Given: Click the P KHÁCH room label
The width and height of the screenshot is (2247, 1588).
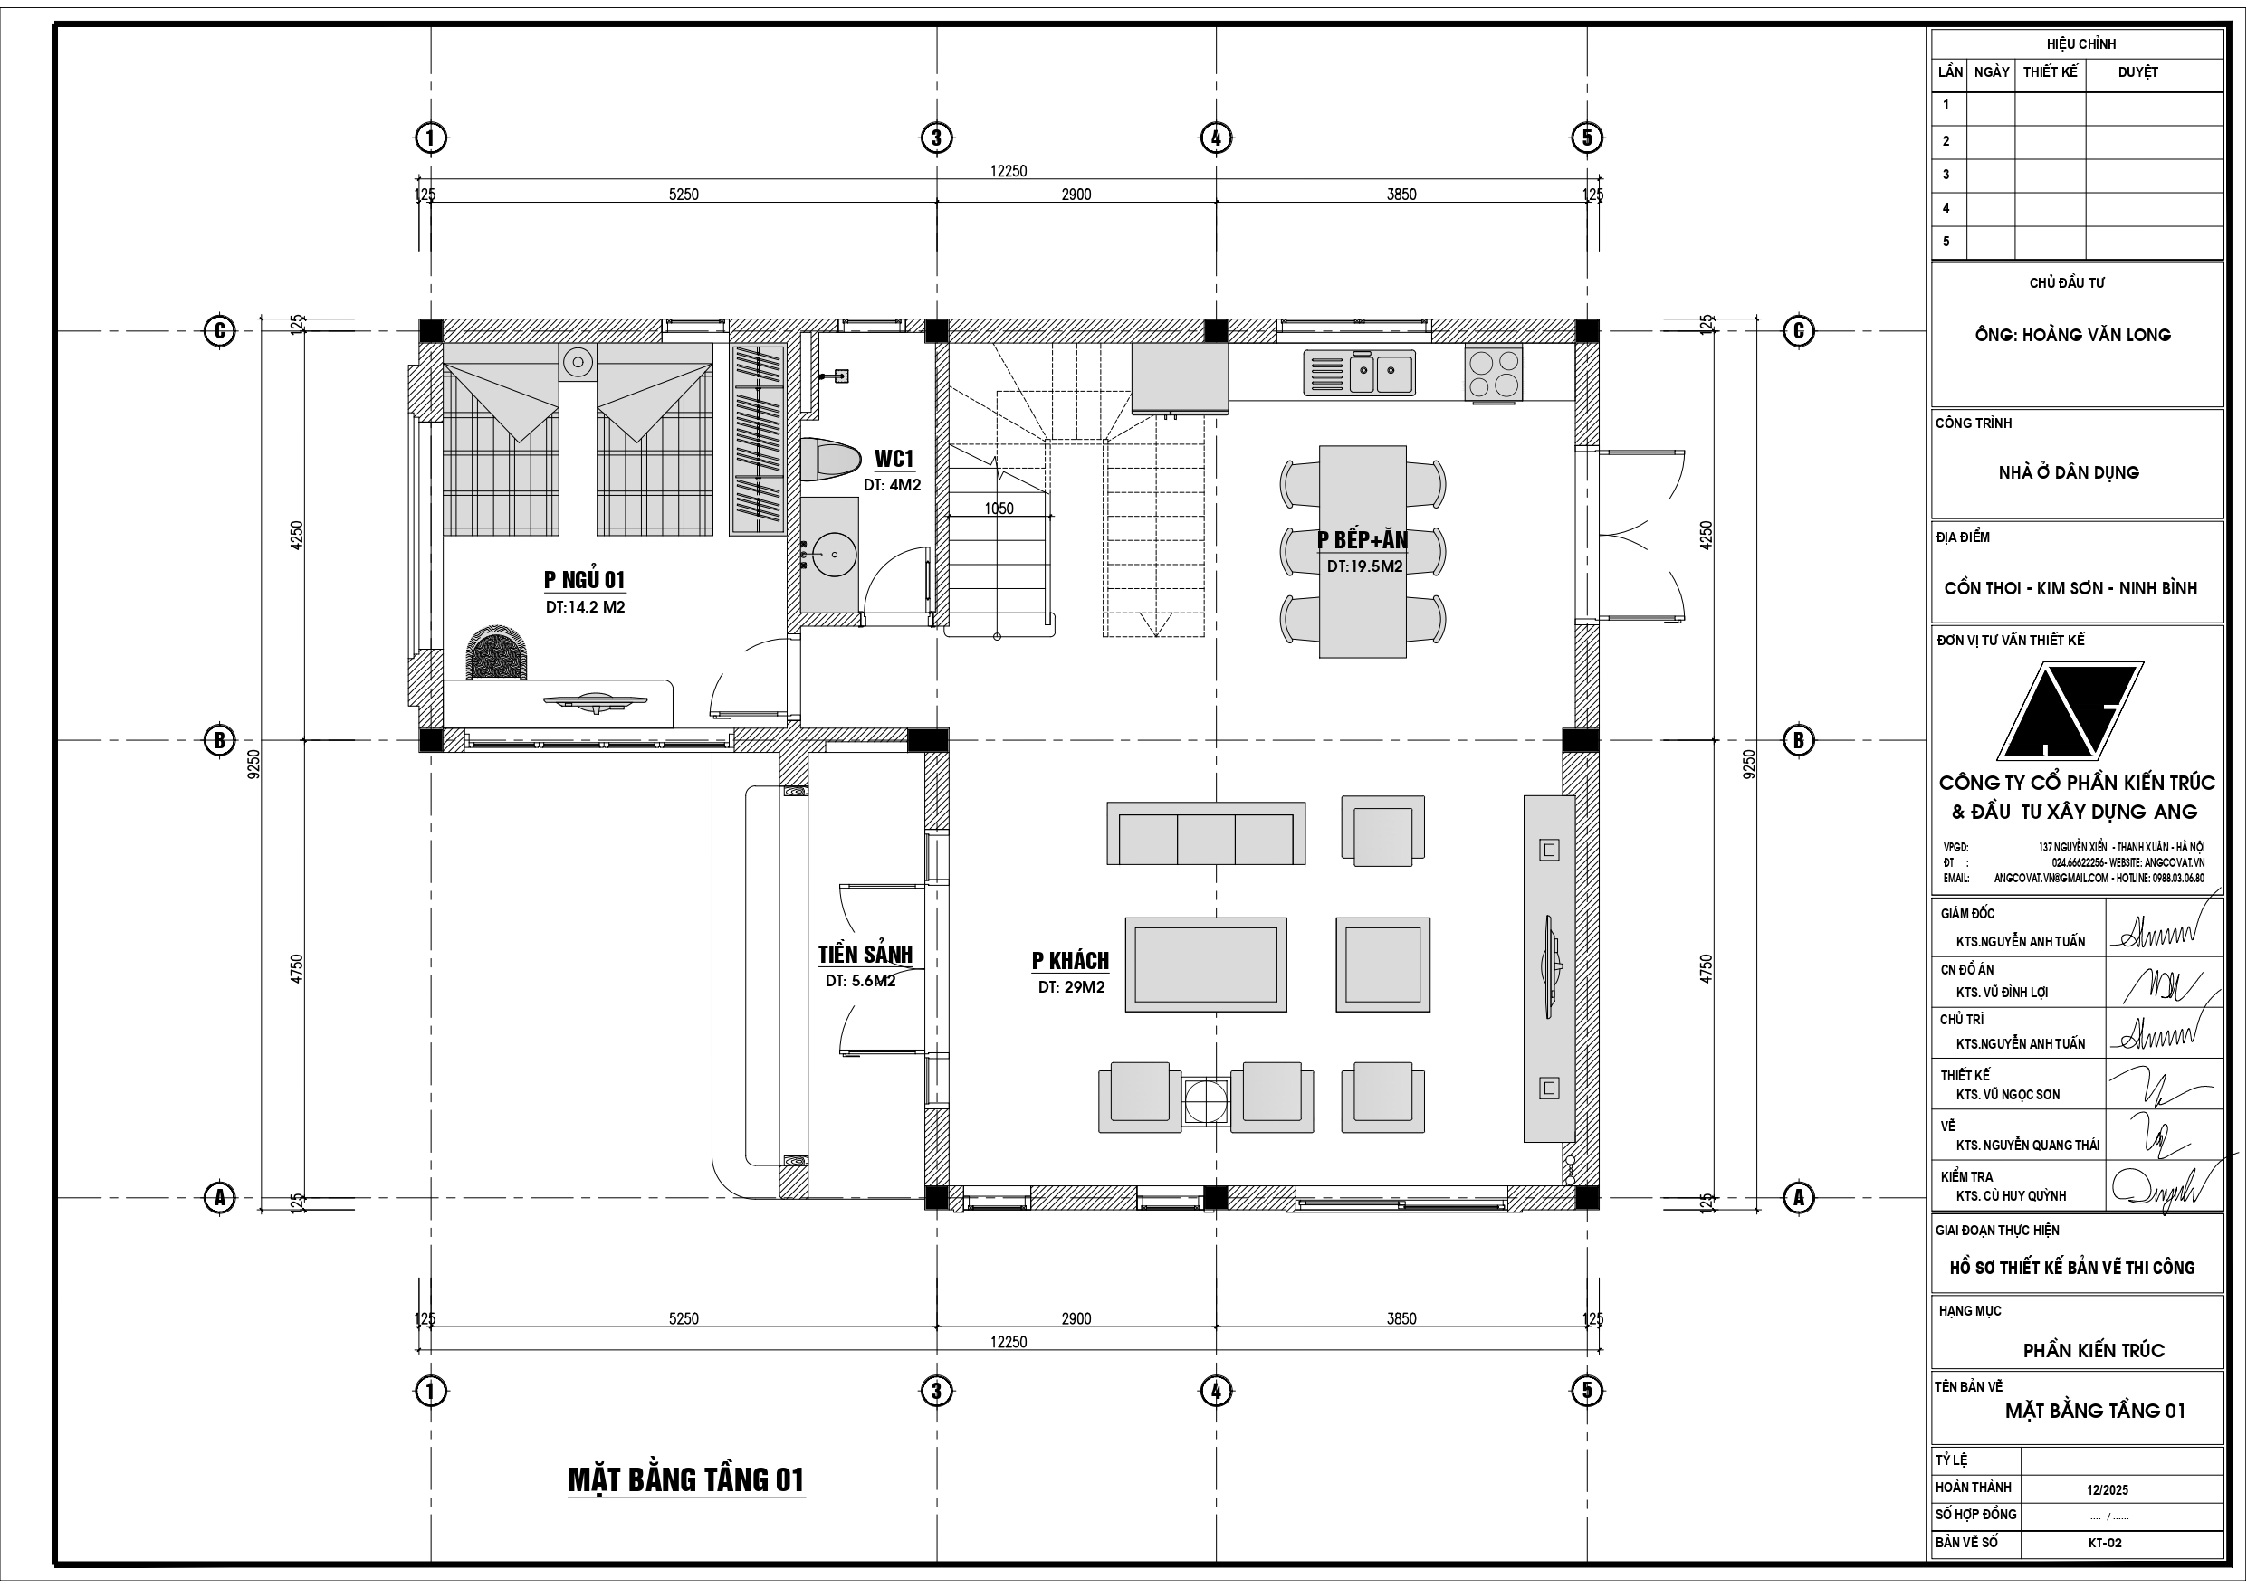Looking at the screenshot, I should [x=1070, y=961].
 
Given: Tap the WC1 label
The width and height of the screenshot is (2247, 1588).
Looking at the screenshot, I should [x=893, y=459].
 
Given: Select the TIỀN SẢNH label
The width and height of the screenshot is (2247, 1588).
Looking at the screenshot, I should [x=865, y=954].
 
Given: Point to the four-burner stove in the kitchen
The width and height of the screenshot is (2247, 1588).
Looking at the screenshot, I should [x=1494, y=374].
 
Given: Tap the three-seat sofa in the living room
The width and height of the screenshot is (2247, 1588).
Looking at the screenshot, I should [x=1206, y=833].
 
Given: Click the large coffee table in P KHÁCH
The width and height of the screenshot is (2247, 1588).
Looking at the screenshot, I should [x=1206, y=965].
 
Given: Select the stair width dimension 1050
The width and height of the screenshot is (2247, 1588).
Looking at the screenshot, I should [x=999, y=509].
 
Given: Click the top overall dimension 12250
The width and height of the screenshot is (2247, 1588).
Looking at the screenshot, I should [x=1008, y=171].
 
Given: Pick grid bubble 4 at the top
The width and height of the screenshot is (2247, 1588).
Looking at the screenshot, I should [x=1216, y=138].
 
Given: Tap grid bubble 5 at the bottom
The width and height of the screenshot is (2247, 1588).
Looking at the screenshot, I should [x=1586, y=1391].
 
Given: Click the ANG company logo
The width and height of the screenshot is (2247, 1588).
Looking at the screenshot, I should [x=2069, y=711].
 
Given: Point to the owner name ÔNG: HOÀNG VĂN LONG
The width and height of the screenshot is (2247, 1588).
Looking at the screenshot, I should [x=2071, y=336].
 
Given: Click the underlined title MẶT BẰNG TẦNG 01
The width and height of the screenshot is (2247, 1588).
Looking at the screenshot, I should [x=686, y=1479].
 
